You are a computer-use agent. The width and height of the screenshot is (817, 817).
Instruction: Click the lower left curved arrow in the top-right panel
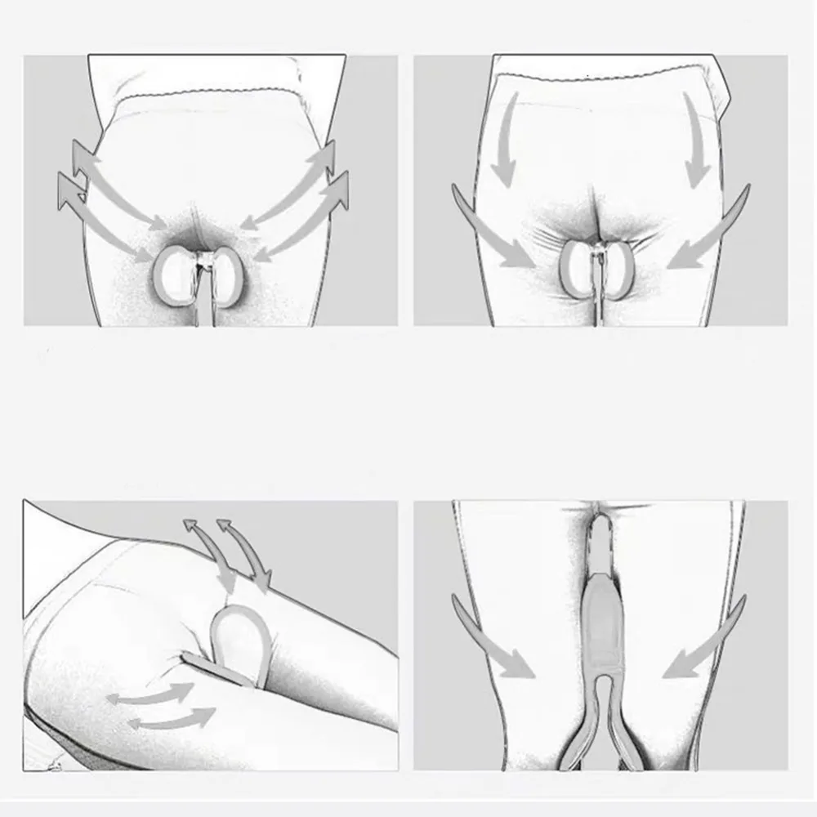[x=490, y=233]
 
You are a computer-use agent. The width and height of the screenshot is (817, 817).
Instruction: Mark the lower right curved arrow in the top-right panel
[x=709, y=233]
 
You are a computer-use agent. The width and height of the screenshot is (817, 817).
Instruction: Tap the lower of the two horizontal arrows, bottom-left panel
[x=172, y=719]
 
